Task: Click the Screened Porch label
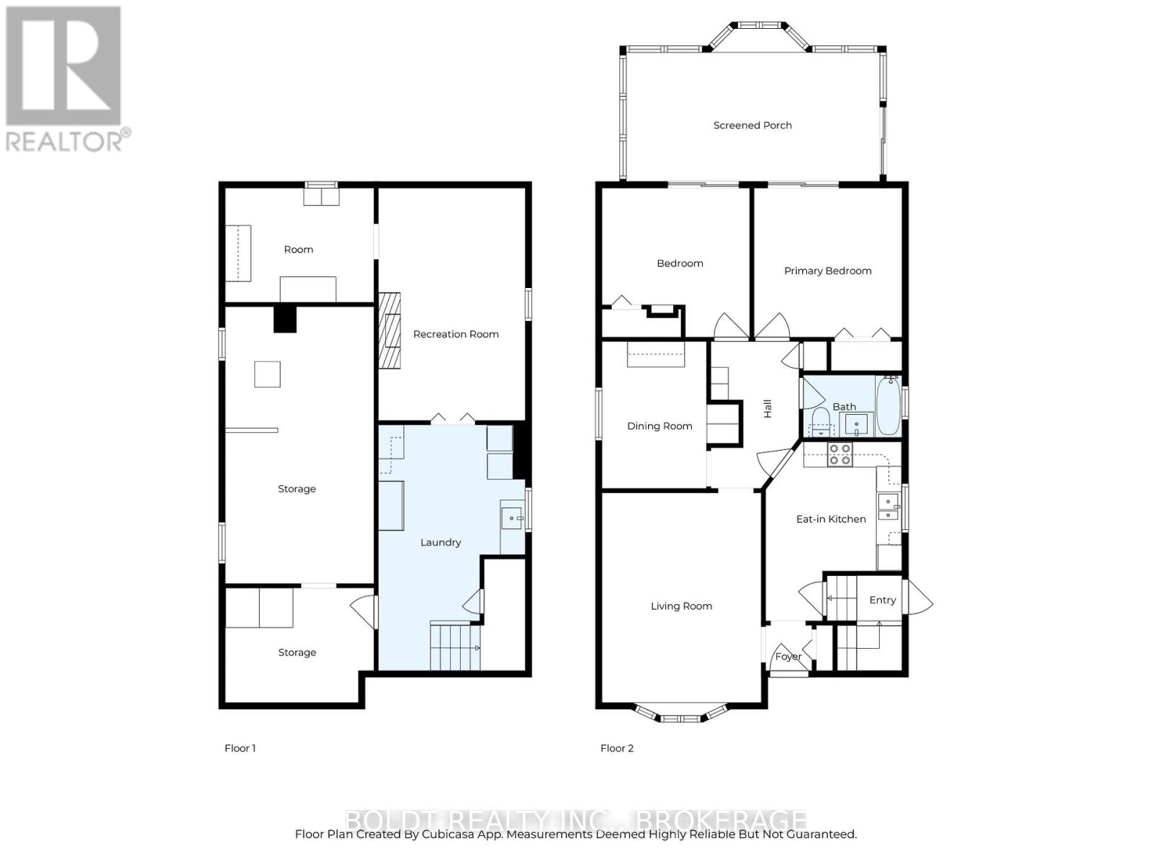pyautogui.click(x=752, y=125)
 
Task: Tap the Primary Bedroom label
pyautogui.click(x=828, y=271)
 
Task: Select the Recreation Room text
pyautogui.click(x=456, y=334)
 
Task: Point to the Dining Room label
pyautogui.click(x=660, y=426)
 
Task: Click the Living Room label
pyautogui.click(x=681, y=606)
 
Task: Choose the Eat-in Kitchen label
pyautogui.click(x=831, y=519)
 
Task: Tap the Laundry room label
pyautogui.click(x=441, y=542)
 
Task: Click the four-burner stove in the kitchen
pyautogui.click(x=840, y=454)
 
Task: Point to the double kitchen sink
pyautogui.click(x=888, y=507)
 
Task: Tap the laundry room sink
pyautogui.click(x=512, y=518)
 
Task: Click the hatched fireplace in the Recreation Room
pyautogui.click(x=390, y=330)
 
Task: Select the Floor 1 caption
pyautogui.click(x=240, y=748)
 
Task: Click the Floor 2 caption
pyautogui.click(x=616, y=748)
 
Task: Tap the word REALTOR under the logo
pyautogui.click(x=63, y=142)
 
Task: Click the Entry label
pyautogui.click(x=882, y=600)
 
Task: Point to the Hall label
pyautogui.click(x=768, y=409)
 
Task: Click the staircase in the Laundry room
pyautogui.click(x=455, y=646)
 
